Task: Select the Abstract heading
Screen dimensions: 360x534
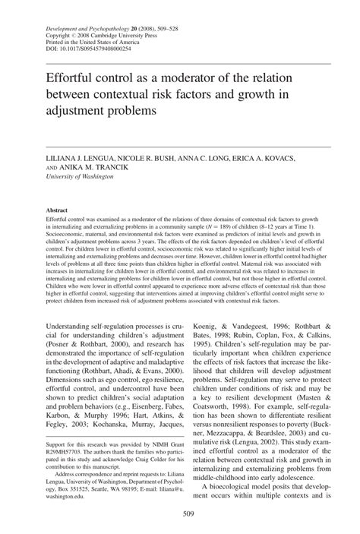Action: [58, 209]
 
